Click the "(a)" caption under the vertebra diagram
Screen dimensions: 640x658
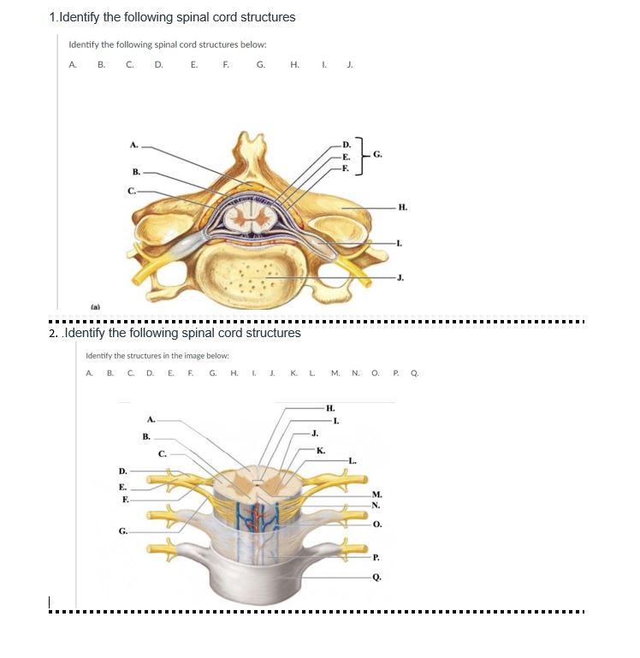tap(94, 305)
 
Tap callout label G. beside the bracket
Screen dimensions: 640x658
tap(377, 154)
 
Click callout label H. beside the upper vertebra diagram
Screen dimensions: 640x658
tap(403, 207)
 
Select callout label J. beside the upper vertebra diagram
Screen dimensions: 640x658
tap(400, 277)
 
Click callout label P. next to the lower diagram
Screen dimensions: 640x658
tap(376, 556)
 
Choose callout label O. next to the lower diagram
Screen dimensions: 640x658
tap(377, 524)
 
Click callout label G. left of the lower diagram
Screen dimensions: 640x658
tap(124, 531)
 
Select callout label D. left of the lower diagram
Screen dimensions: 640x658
tap(123, 471)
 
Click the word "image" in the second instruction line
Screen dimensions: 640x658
tap(182, 355)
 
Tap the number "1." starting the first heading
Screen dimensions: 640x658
tap(53, 17)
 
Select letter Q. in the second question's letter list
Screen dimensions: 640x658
tap(413, 373)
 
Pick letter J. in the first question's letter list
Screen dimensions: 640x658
tap(349, 63)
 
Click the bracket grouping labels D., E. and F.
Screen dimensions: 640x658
tap(363, 156)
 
